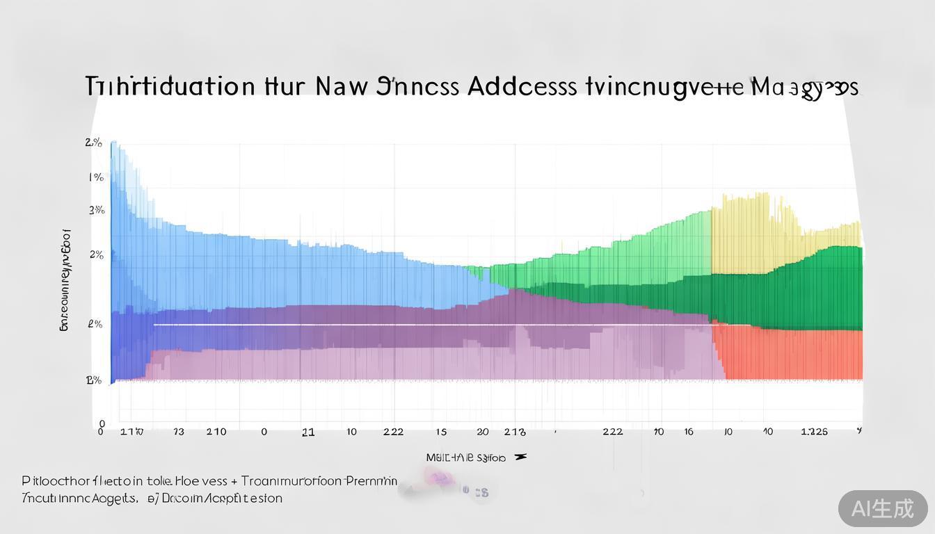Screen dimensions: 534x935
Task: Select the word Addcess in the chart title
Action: [522, 86]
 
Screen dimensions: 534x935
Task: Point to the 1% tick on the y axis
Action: [96, 177]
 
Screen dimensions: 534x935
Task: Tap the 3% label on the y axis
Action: [97, 210]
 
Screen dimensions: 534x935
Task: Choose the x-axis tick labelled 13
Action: [179, 432]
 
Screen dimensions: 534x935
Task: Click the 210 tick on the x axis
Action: [216, 432]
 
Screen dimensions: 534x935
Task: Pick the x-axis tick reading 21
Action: [308, 432]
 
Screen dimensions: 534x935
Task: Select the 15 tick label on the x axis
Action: [441, 432]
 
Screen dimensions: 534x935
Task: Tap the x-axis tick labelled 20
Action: [482, 432]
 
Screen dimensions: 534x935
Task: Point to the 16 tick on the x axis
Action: [688, 432]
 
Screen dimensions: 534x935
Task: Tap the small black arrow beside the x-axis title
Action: [520, 457]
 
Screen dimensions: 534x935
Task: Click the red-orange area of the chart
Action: [786, 355]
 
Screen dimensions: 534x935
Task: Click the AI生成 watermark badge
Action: [883, 509]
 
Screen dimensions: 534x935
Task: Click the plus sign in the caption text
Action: [234, 481]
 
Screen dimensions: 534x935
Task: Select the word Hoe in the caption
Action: [186, 481]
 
